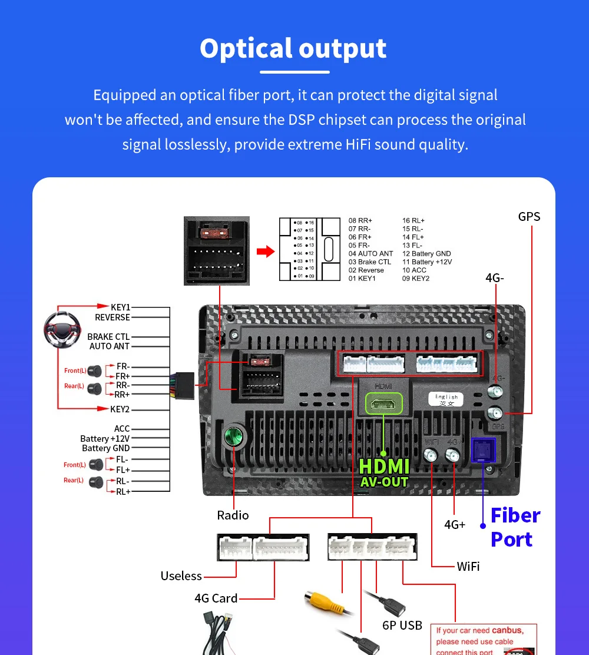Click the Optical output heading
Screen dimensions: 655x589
click(x=293, y=49)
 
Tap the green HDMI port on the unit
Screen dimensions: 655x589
click(x=383, y=404)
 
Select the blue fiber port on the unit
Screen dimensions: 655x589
click(x=484, y=450)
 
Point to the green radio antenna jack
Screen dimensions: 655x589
click(x=234, y=438)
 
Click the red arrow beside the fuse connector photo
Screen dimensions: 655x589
click(x=266, y=252)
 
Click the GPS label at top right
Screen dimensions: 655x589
click(x=529, y=216)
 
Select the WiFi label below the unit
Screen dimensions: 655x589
click(x=468, y=566)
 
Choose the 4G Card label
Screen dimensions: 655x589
click(x=216, y=598)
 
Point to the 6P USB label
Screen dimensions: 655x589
click(x=402, y=625)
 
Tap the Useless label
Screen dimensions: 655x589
click(x=181, y=575)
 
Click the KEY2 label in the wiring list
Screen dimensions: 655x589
click(x=120, y=409)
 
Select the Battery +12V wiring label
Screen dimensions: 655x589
click(x=105, y=438)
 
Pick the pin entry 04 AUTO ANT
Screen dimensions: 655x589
click(x=370, y=253)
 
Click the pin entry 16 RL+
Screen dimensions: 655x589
click(x=413, y=220)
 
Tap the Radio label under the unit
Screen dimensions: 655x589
click(x=233, y=515)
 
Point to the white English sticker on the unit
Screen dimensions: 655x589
click(x=446, y=399)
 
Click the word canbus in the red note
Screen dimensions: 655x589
click(x=507, y=630)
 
